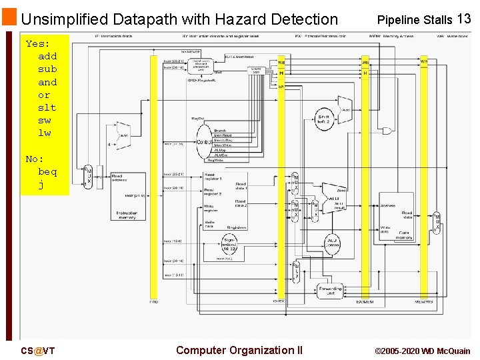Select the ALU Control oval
coord(332,243)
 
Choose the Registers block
coord(225,200)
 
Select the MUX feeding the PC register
coord(88,176)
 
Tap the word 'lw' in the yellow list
coord(44,133)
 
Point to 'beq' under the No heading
coord(47,171)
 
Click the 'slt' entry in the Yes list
coord(47,107)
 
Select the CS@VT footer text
coord(38,351)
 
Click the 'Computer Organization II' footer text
coord(239,350)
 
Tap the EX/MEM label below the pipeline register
coord(364,302)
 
